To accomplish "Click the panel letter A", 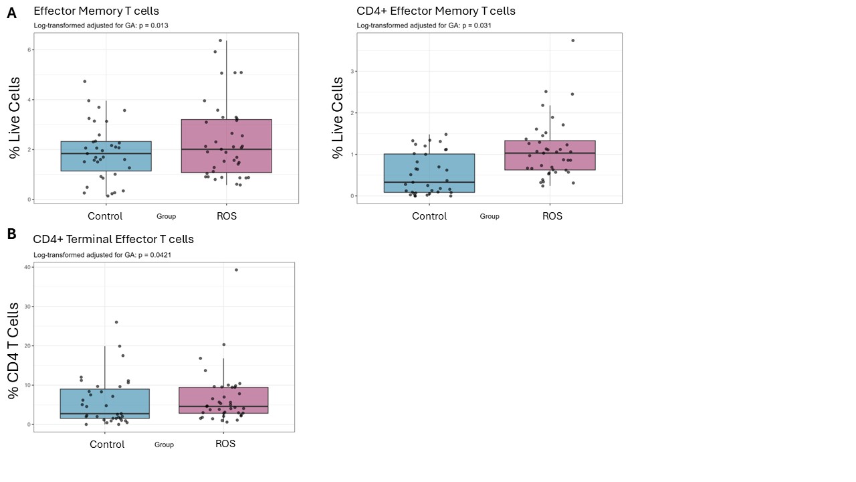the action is (x=12, y=13).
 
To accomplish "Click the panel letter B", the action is (x=12, y=234).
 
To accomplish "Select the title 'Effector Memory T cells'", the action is (x=96, y=11).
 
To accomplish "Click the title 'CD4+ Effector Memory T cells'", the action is (x=436, y=11).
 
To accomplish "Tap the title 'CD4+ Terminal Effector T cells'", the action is (x=114, y=239).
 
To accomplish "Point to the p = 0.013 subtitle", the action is (x=101, y=25).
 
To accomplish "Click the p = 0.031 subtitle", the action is (x=424, y=25).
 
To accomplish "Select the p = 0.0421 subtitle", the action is (x=102, y=255).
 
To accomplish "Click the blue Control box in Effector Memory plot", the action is (x=106, y=156).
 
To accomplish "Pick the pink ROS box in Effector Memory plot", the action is (x=227, y=146).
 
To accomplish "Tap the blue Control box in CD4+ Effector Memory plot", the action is (x=429, y=173).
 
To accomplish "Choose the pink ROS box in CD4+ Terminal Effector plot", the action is (x=223, y=400).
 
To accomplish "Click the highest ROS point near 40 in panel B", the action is (x=236, y=270).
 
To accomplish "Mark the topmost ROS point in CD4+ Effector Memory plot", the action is (x=573, y=41).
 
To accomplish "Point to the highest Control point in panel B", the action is (x=116, y=322).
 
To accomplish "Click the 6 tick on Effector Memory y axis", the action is (x=29, y=50).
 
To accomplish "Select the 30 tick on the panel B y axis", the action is (x=27, y=307).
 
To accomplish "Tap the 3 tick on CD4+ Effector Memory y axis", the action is (x=352, y=71).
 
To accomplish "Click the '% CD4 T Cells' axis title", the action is (x=13, y=351).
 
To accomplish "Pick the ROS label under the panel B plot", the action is (x=225, y=444).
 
